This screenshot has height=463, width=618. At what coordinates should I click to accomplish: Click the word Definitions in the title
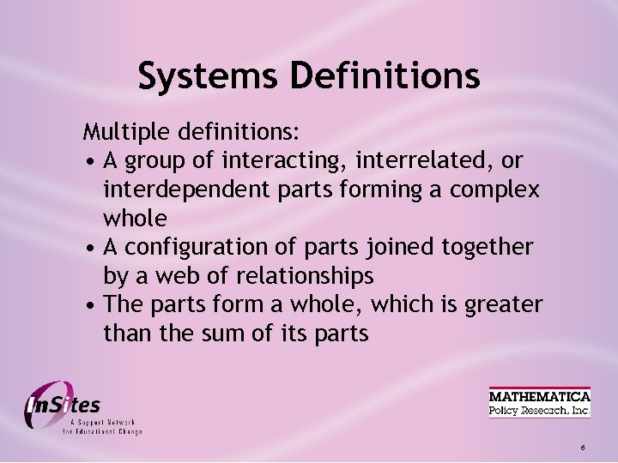(385, 76)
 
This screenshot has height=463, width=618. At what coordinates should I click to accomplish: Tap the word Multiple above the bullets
(127, 133)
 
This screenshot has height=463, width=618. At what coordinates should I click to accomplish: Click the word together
(487, 248)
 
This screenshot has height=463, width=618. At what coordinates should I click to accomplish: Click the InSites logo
(64, 406)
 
